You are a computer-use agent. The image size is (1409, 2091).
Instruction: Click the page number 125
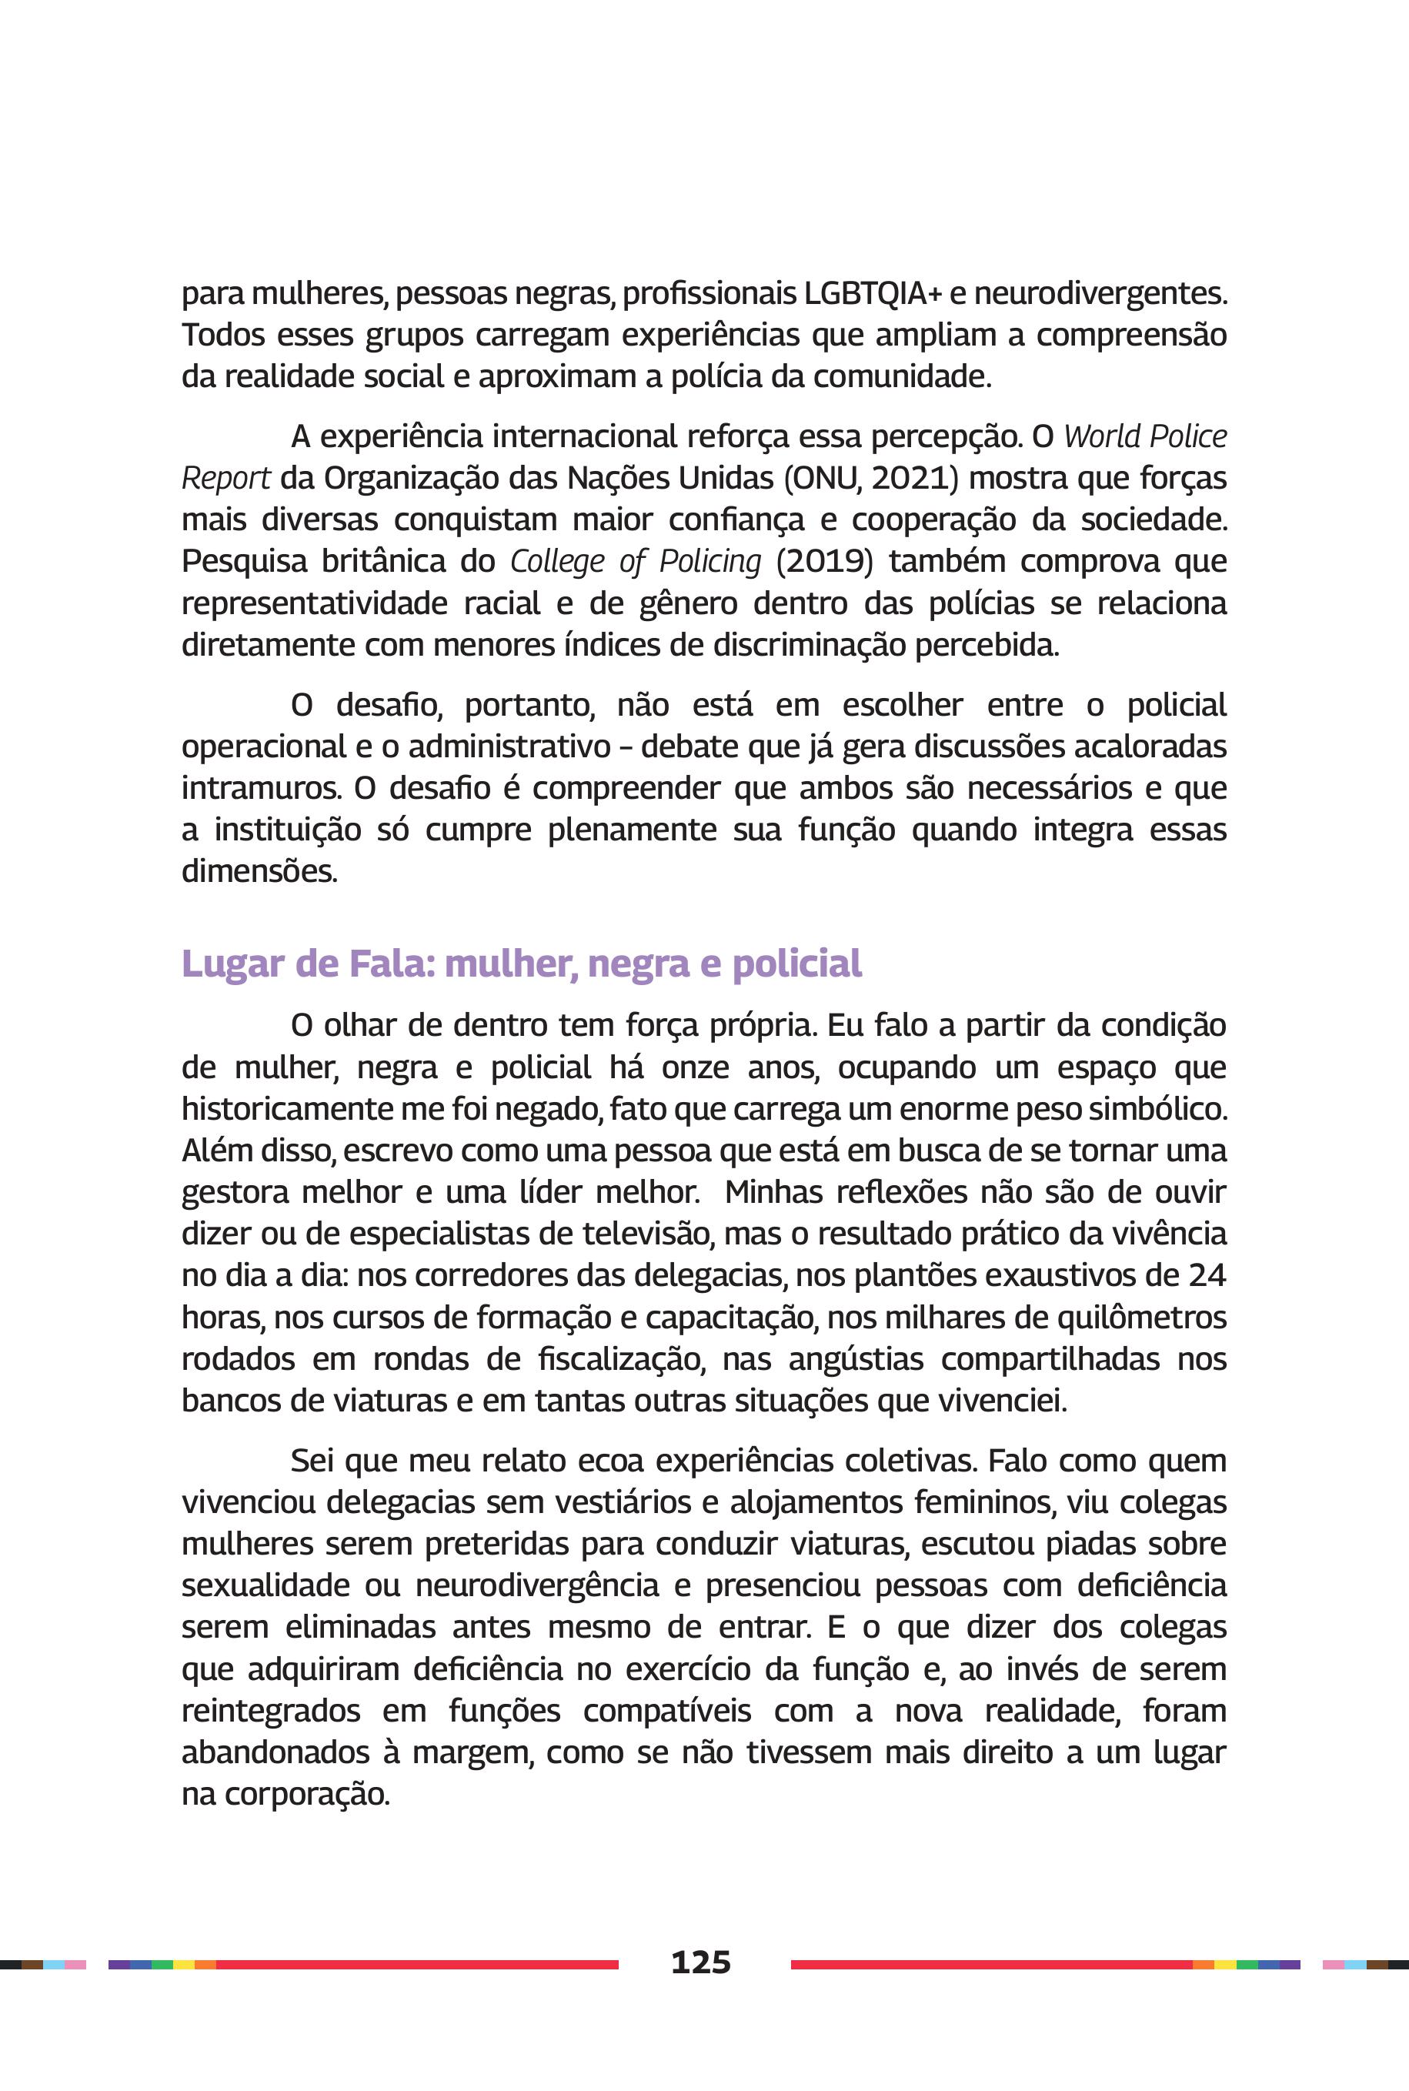coord(701,1962)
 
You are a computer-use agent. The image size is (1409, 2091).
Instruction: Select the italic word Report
coord(225,479)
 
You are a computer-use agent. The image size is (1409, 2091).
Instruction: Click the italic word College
coord(557,562)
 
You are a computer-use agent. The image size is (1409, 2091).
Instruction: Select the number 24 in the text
coord(1206,1275)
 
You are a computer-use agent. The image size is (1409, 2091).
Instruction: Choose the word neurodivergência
coord(537,1585)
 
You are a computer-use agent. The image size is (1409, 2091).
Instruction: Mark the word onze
coord(695,1067)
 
